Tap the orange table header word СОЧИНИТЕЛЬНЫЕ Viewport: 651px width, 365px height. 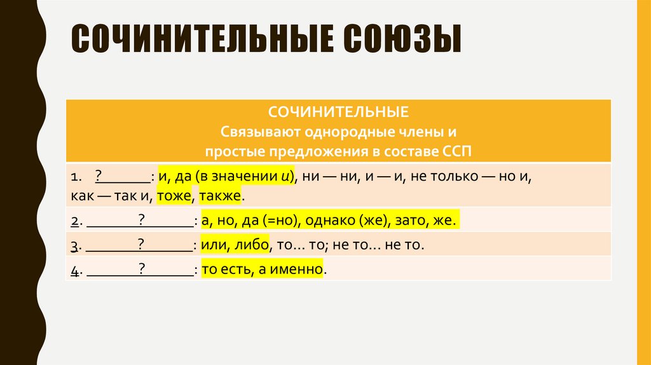tap(338, 113)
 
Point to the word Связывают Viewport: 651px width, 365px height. tap(256, 132)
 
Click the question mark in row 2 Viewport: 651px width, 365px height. tap(142, 219)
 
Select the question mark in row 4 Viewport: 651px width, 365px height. tap(142, 268)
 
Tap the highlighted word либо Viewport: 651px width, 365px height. tap(252, 245)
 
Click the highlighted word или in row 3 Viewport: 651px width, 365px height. tap(212, 245)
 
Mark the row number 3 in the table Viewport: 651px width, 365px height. tap(74, 245)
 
